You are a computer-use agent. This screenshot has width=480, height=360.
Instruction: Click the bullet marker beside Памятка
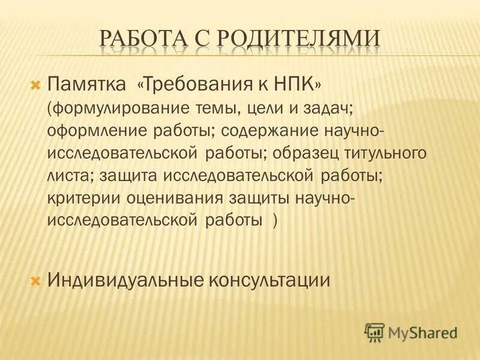(35, 82)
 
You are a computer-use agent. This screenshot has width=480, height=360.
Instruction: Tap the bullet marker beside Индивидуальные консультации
(35, 280)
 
